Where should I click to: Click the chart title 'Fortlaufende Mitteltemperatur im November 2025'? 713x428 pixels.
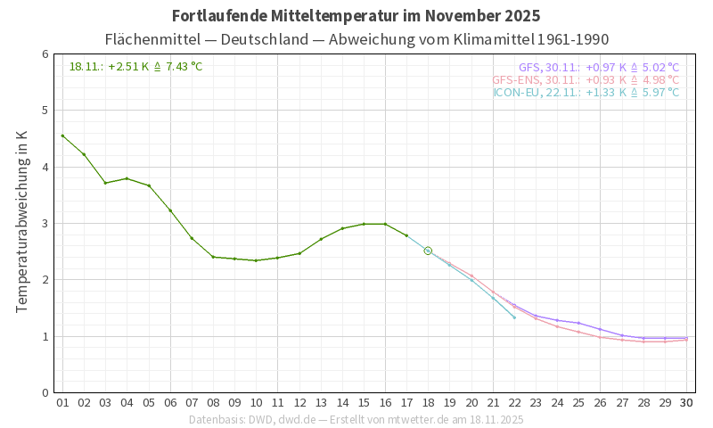tap(356, 16)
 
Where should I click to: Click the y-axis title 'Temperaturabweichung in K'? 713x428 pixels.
tap(22, 221)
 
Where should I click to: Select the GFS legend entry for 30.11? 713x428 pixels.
tap(598, 67)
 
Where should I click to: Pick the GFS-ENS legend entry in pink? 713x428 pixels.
tap(585, 79)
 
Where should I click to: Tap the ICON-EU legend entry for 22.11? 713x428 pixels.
tap(586, 92)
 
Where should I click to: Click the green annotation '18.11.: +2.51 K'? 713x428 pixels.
tap(135, 66)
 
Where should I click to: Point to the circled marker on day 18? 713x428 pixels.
tap(428, 251)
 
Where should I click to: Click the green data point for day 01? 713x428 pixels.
tap(62, 136)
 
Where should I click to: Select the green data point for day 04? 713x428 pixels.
tap(127, 178)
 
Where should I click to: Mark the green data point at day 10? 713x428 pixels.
tap(256, 260)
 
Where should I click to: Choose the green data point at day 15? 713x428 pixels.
tap(364, 224)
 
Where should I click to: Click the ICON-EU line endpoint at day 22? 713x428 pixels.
tap(514, 317)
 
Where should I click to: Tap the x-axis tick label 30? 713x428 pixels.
tap(686, 402)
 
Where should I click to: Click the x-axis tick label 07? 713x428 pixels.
tap(192, 402)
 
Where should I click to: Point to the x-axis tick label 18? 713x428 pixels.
tap(428, 402)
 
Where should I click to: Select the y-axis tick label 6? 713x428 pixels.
tap(45, 54)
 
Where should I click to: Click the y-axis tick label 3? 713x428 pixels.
tap(45, 223)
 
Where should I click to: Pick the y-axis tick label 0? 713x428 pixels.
tap(45, 392)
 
